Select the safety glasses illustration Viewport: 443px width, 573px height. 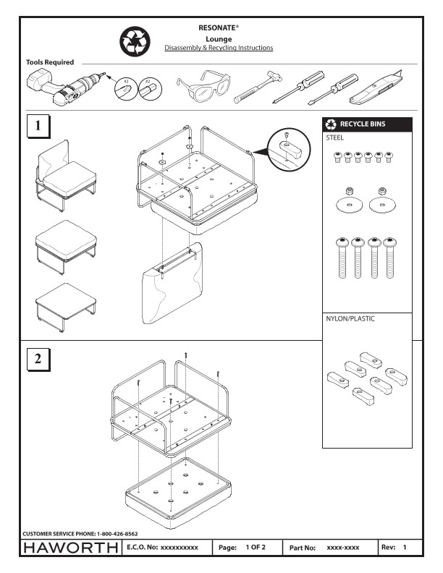click(203, 88)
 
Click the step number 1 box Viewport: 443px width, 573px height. click(38, 126)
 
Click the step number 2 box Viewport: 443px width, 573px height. click(38, 358)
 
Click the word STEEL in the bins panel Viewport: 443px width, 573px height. click(335, 135)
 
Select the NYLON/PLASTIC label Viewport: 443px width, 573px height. click(351, 318)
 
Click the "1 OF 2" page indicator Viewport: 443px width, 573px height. click(254, 547)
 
